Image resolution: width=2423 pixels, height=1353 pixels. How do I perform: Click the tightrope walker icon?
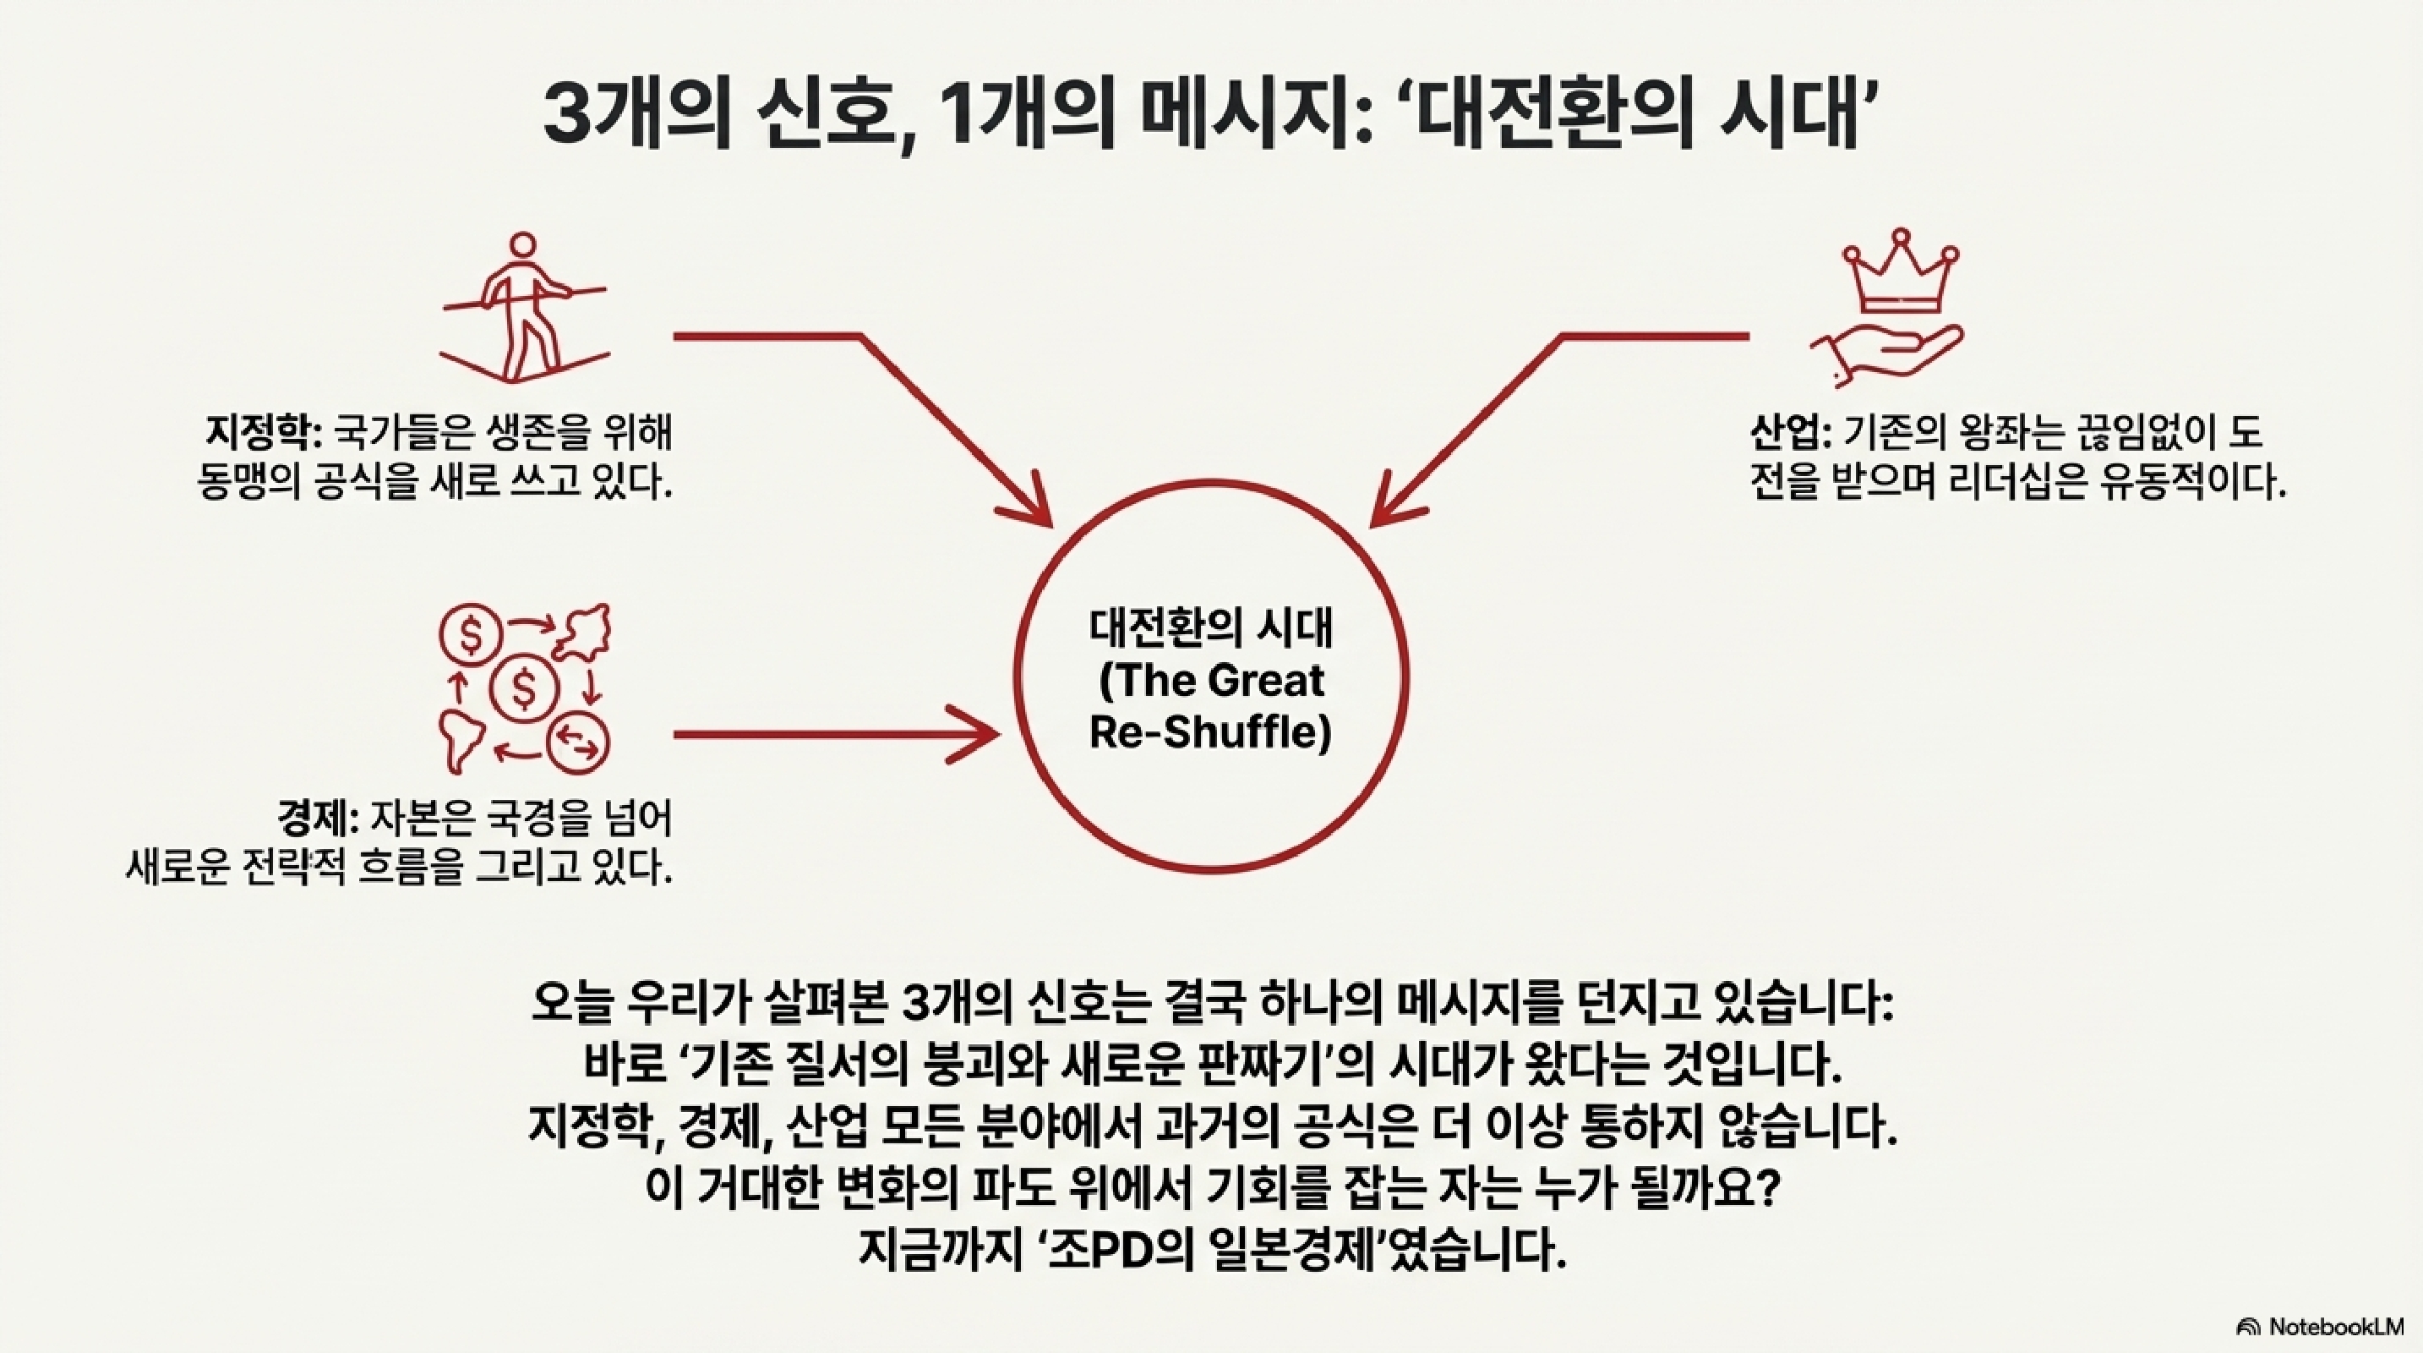tap(523, 309)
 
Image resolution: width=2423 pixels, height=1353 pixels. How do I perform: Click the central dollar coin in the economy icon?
tap(524, 688)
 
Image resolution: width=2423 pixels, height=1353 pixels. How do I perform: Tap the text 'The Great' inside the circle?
tap(1212, 680)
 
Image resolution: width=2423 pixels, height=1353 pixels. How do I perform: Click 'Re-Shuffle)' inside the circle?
tap(1212, 731)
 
